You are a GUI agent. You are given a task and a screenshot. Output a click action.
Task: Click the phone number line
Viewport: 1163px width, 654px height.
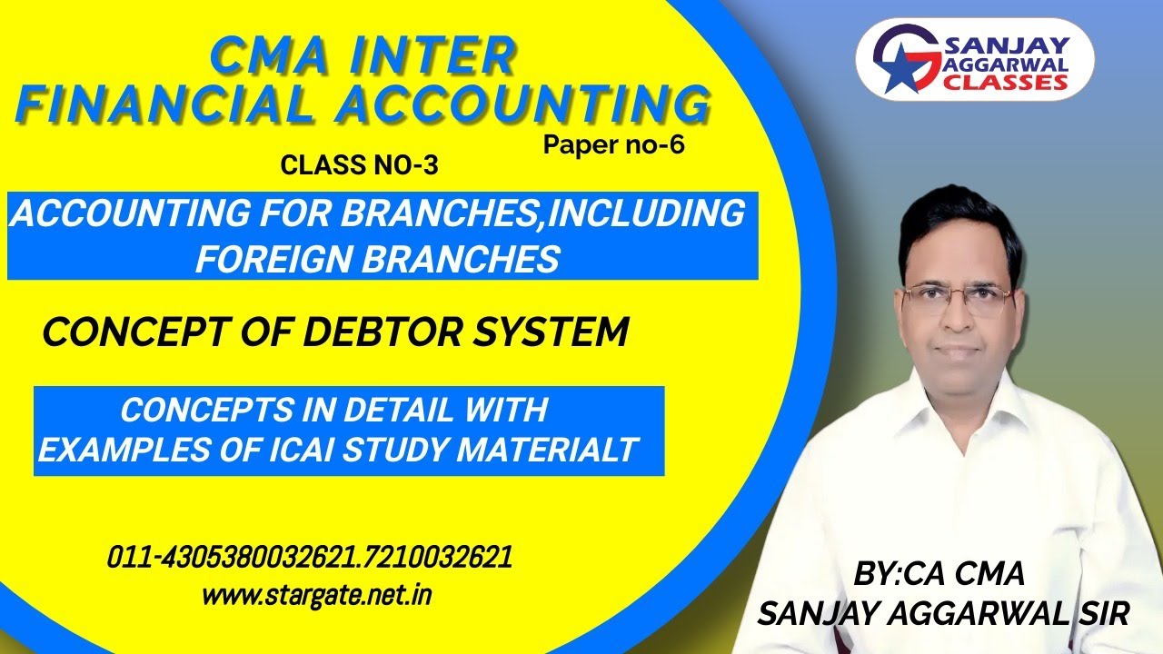[309, 557]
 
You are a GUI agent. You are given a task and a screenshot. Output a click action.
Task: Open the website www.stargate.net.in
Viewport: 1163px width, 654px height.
[316, 596]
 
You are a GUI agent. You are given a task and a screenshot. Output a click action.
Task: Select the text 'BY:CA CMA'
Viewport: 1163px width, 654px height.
[939, 574]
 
